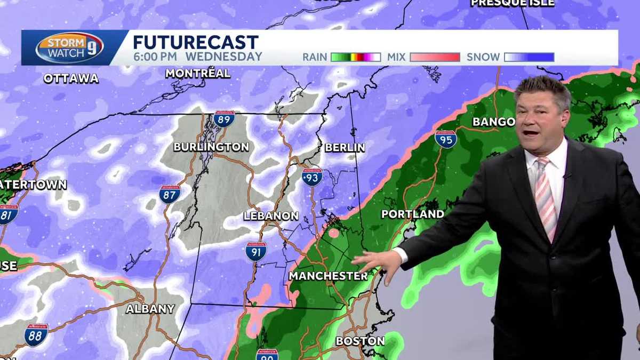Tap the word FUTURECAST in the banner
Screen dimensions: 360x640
(x=196, y=42)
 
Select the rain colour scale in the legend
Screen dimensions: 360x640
(x=355, y=57)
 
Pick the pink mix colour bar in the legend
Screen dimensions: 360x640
(x=435, y=57)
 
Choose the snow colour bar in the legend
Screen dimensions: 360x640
(x=529, y=57)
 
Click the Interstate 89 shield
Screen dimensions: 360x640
(x=225, y=118)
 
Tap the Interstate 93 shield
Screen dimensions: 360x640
(x=311, y=177)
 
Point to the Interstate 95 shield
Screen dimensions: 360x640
(x=445, y=139)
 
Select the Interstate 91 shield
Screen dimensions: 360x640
(x=256, y=251)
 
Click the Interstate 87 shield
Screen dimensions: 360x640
(x=170, y=194)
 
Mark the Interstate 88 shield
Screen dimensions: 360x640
(x=36, y=334)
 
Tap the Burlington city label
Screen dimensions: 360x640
(x=211, y=147)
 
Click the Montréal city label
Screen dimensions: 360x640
(x=197, y=74)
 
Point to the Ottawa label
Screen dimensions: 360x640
(x=71, y=78)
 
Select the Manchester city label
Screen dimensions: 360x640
(x=328, y=276)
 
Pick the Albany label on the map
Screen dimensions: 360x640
(x=150, y=309)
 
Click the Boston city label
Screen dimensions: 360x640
(x=360, y=341)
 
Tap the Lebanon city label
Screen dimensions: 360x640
(x=270, y=216)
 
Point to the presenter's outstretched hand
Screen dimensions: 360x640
(x=376, y=262)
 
